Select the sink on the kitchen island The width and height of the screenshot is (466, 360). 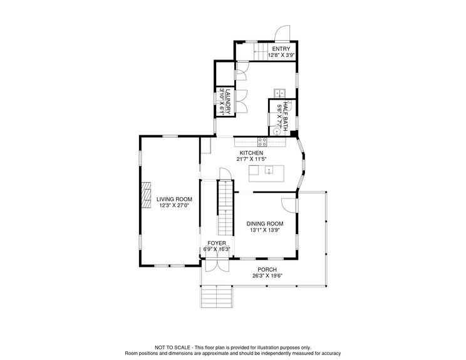pos(269,170)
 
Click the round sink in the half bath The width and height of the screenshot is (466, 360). pos(276,131)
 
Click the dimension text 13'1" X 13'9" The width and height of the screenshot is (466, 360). pos(264,230)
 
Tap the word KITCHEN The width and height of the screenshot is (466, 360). pos(251,153)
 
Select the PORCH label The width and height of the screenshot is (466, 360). pos(267,269)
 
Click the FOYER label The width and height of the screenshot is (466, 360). pos(217,242)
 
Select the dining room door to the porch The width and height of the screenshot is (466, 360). pos(289,206)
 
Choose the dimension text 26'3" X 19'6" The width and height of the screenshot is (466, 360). pos(267,276)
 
